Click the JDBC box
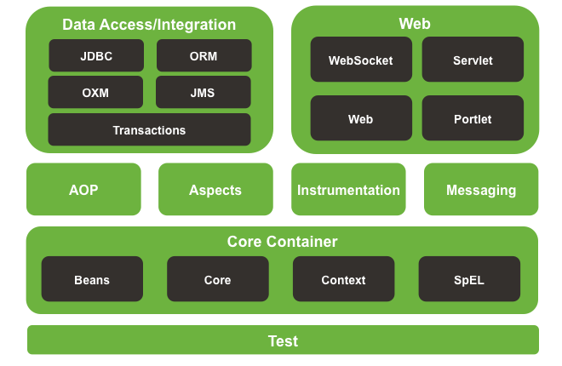(96, 56)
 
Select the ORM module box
(204, 56)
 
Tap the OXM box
(96, 92)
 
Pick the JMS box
(204, 92)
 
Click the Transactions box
(149, 130)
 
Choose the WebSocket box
(360, 60)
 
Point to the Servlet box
(473, 60)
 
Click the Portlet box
(473, 119)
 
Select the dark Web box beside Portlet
(360, 119)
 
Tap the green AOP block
(83, 190)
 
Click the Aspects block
(215, 190)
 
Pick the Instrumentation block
(348, 190)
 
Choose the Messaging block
(481, 190)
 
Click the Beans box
(92, 279)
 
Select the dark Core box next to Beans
(217, 279)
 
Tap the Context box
(343, 279)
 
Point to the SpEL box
(469, 279)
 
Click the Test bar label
(283, 341)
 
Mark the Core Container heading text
(282, 242)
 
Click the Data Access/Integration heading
(149, 25)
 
